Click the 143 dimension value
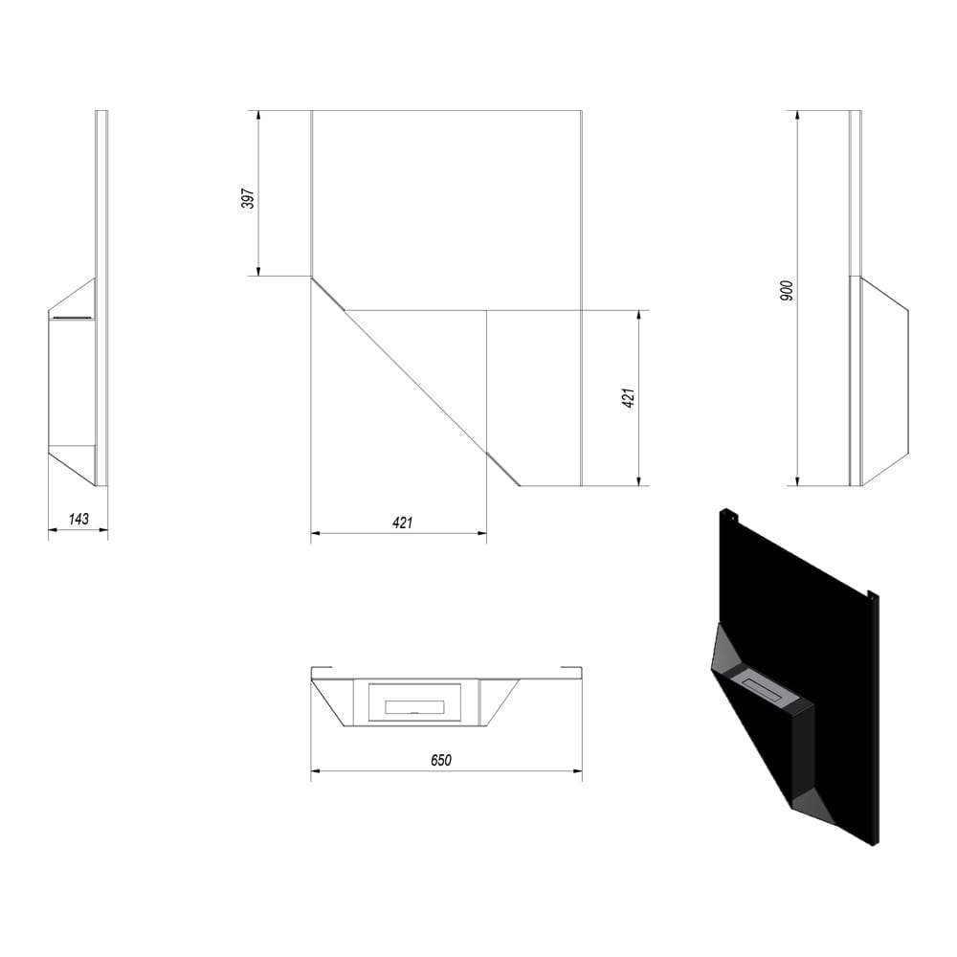point(78,519)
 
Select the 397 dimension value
point(248,198)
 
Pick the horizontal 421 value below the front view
point(402,523)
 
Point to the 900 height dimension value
point(787,290)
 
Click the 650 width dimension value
point(441,760)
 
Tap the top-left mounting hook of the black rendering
point(729,516)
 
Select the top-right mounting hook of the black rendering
point(873,594)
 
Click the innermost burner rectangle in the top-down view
point(414,707)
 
